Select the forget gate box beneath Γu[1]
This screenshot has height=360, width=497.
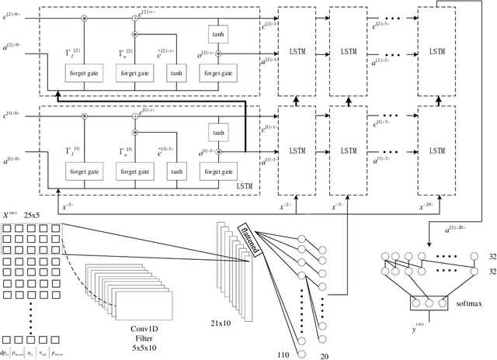(136, 171)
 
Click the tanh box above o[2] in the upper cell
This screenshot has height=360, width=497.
(217, 34)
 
